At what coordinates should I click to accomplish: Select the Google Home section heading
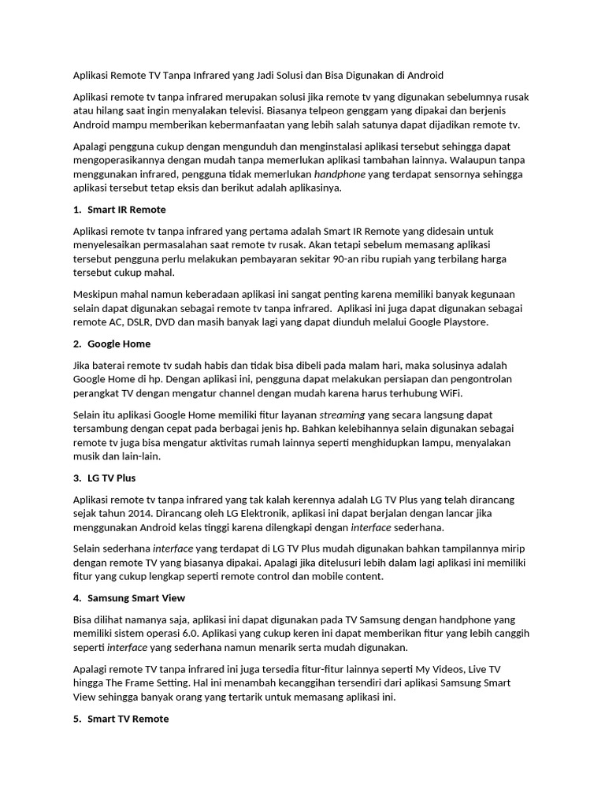pos(119,344)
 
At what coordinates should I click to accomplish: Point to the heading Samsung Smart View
pos(136,597)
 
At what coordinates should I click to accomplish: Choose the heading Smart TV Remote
pos(128,719)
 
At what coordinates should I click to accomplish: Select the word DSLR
pos(135,322)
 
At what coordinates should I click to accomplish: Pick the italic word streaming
pos(342,415)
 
